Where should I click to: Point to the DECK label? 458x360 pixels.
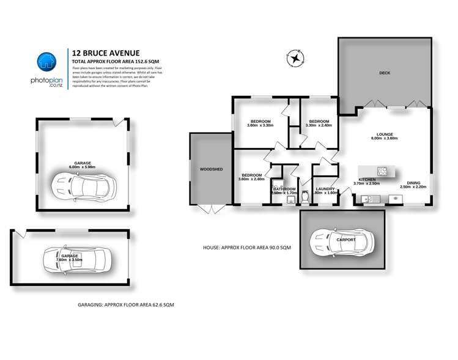point(384,73)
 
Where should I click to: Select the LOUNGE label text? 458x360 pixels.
point(384,134)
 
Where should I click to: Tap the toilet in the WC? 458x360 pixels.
point(305,199)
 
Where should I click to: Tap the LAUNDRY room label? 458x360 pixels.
point(325,189)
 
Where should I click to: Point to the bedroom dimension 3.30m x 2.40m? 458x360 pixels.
point(319,125)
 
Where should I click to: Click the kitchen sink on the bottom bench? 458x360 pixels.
point(368,198)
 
